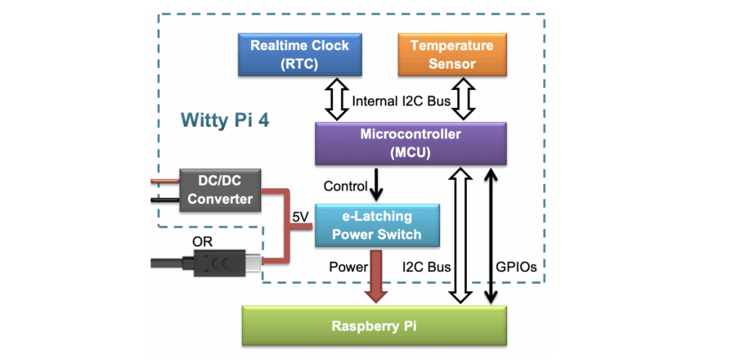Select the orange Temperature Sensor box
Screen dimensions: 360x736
click(x=451, y=54)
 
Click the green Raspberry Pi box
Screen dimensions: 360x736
click(x=374, y=326)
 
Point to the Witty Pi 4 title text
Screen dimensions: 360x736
click(x=225, y=120)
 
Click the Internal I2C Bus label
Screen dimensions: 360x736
click(x=401, y=102)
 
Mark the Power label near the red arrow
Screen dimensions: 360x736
click(x=348, y=267)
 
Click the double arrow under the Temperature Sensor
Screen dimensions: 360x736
click(x=464, y=99)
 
